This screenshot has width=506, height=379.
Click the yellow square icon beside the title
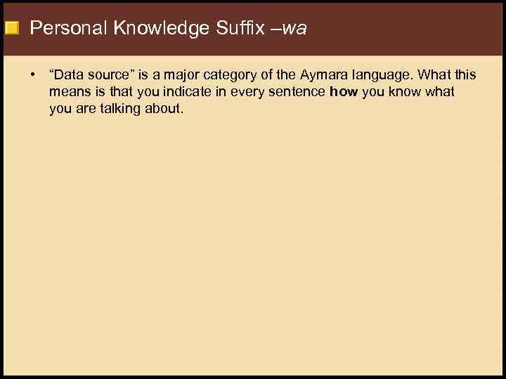click(11, 29)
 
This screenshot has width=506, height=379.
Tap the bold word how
click(344, 92)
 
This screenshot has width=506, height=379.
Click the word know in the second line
click(403, 92)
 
